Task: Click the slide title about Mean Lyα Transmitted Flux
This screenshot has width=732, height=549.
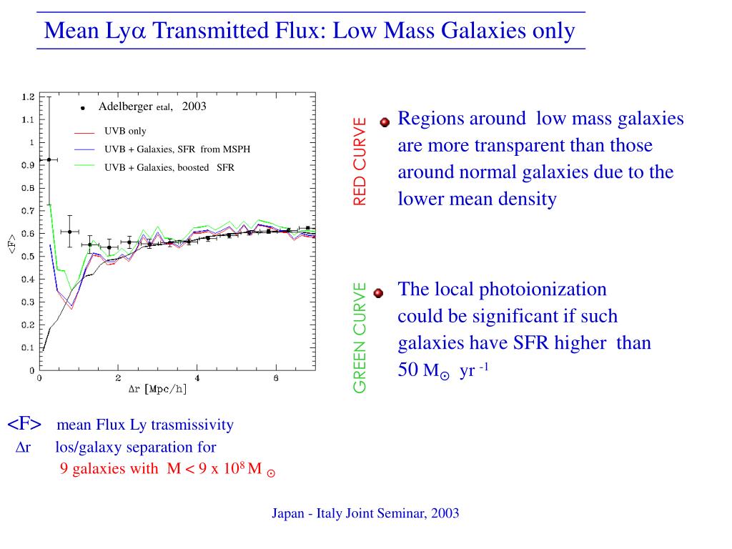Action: click(310, 31)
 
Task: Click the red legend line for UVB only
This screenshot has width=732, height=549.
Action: click(84, 132)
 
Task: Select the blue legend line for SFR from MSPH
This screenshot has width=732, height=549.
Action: click(84, 149)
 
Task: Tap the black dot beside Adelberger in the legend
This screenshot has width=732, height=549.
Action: click(83, 108)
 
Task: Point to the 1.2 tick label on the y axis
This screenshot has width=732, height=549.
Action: click(28, 97)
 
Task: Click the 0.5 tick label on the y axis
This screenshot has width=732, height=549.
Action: click(28, 257)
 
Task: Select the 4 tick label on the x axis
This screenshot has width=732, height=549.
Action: click(197, 378)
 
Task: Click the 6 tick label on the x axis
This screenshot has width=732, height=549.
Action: click(276, 378)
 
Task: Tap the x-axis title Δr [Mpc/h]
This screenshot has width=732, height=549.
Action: click(157, 390)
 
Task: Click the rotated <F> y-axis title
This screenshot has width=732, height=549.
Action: click(12, 244)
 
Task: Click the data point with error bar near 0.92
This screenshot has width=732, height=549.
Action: click(49, 159)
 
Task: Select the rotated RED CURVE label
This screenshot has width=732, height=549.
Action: click(360, 161)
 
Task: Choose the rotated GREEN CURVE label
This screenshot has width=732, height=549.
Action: click(360, 337)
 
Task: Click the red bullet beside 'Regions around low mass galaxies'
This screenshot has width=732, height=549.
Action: click(385, 122)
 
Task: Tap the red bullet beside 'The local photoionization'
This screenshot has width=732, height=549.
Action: click(379, 292)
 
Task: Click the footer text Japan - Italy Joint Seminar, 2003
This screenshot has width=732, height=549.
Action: click(365, 513)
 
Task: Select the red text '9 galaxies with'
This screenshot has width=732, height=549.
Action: click(109, 469)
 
